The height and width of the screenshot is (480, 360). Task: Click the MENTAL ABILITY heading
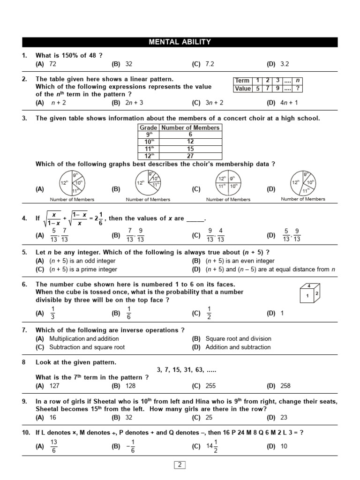click(180, 42)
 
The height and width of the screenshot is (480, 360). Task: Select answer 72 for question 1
click(52, 64)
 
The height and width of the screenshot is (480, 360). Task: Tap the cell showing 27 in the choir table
click(190, 156)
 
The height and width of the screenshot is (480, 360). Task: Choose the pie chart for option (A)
click(72, 183)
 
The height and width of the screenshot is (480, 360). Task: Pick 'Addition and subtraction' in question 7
click(238, 347)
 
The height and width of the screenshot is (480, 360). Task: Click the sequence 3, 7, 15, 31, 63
click(187, 370)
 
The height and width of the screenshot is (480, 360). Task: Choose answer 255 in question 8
click(210, 386)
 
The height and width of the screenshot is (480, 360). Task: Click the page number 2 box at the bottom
click(180, 465)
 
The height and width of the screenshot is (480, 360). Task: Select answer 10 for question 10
click(284, 447)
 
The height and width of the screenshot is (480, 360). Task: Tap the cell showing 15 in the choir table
click(190, 149)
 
